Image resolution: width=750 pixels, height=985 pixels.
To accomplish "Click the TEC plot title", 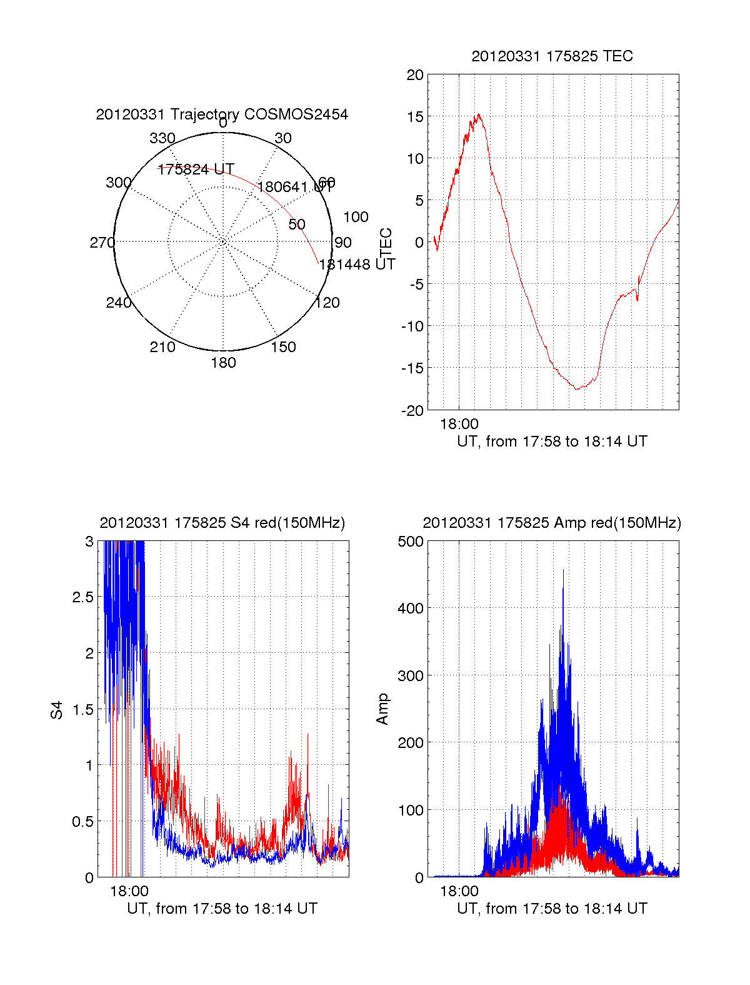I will pos(552,56).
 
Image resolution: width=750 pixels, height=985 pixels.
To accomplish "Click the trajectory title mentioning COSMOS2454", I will pos(222,114).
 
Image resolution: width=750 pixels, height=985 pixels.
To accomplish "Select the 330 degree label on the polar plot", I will pos(162,138).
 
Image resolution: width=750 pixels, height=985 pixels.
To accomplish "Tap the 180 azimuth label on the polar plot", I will pos(223,363).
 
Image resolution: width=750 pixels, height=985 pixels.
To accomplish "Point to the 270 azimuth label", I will pos(102,243).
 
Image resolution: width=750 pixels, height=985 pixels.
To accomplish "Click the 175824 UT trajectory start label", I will pos(196,169).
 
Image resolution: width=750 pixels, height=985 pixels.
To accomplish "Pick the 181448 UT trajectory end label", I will pos(357,265).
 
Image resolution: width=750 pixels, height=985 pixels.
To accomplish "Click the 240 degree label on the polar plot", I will pos(119,303).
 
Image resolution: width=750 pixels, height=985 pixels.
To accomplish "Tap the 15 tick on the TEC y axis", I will pos(415,117).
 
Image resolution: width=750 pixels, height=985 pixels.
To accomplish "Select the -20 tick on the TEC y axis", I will pos(412,411).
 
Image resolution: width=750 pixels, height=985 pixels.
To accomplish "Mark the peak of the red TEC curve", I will pos(479,114).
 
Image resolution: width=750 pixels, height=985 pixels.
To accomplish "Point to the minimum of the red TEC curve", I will pos(577,389).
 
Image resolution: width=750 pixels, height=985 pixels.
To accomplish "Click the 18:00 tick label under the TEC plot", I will pos(459,424).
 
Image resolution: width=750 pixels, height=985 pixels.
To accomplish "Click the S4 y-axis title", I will pos(57,710).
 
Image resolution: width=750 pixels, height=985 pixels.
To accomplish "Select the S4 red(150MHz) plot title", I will pos(222,523).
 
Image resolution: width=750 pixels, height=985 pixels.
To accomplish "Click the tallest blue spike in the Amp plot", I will pos(563,570).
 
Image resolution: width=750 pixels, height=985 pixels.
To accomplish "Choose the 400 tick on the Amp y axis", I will pos(411,608).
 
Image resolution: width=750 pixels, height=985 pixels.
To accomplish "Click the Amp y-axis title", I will pos(382,709).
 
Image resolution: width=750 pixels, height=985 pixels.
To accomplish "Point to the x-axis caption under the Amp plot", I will pos(552,909).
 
